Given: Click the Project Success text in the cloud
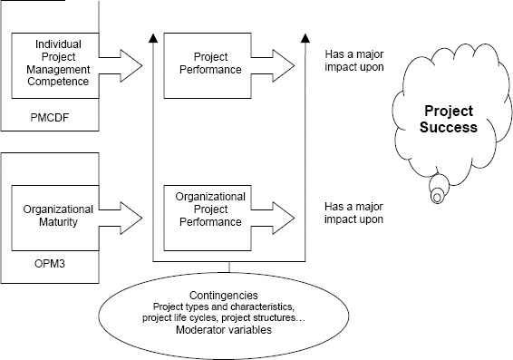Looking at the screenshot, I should [450, 119].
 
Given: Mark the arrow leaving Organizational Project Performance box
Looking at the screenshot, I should [276, 216].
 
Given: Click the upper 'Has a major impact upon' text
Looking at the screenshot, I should [354, 60].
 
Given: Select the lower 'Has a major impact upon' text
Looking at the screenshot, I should [354, 212].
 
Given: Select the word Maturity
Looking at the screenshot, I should [53, 221].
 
